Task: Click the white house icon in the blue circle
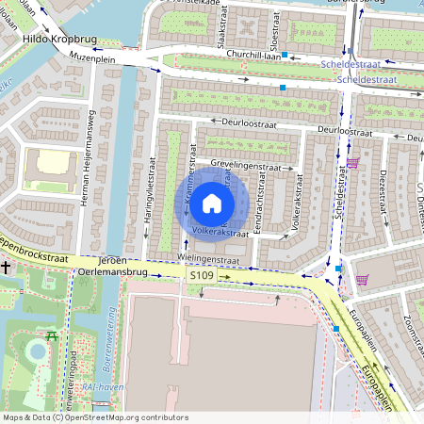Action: pyautogui.click(x=212, y=204)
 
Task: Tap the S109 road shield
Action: pyautogui.click(x=202, y=275)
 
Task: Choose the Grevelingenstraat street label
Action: pyautogui.click(x=246, y=166)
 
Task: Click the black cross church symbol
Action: pyautogui.click(x=7, y=268)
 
